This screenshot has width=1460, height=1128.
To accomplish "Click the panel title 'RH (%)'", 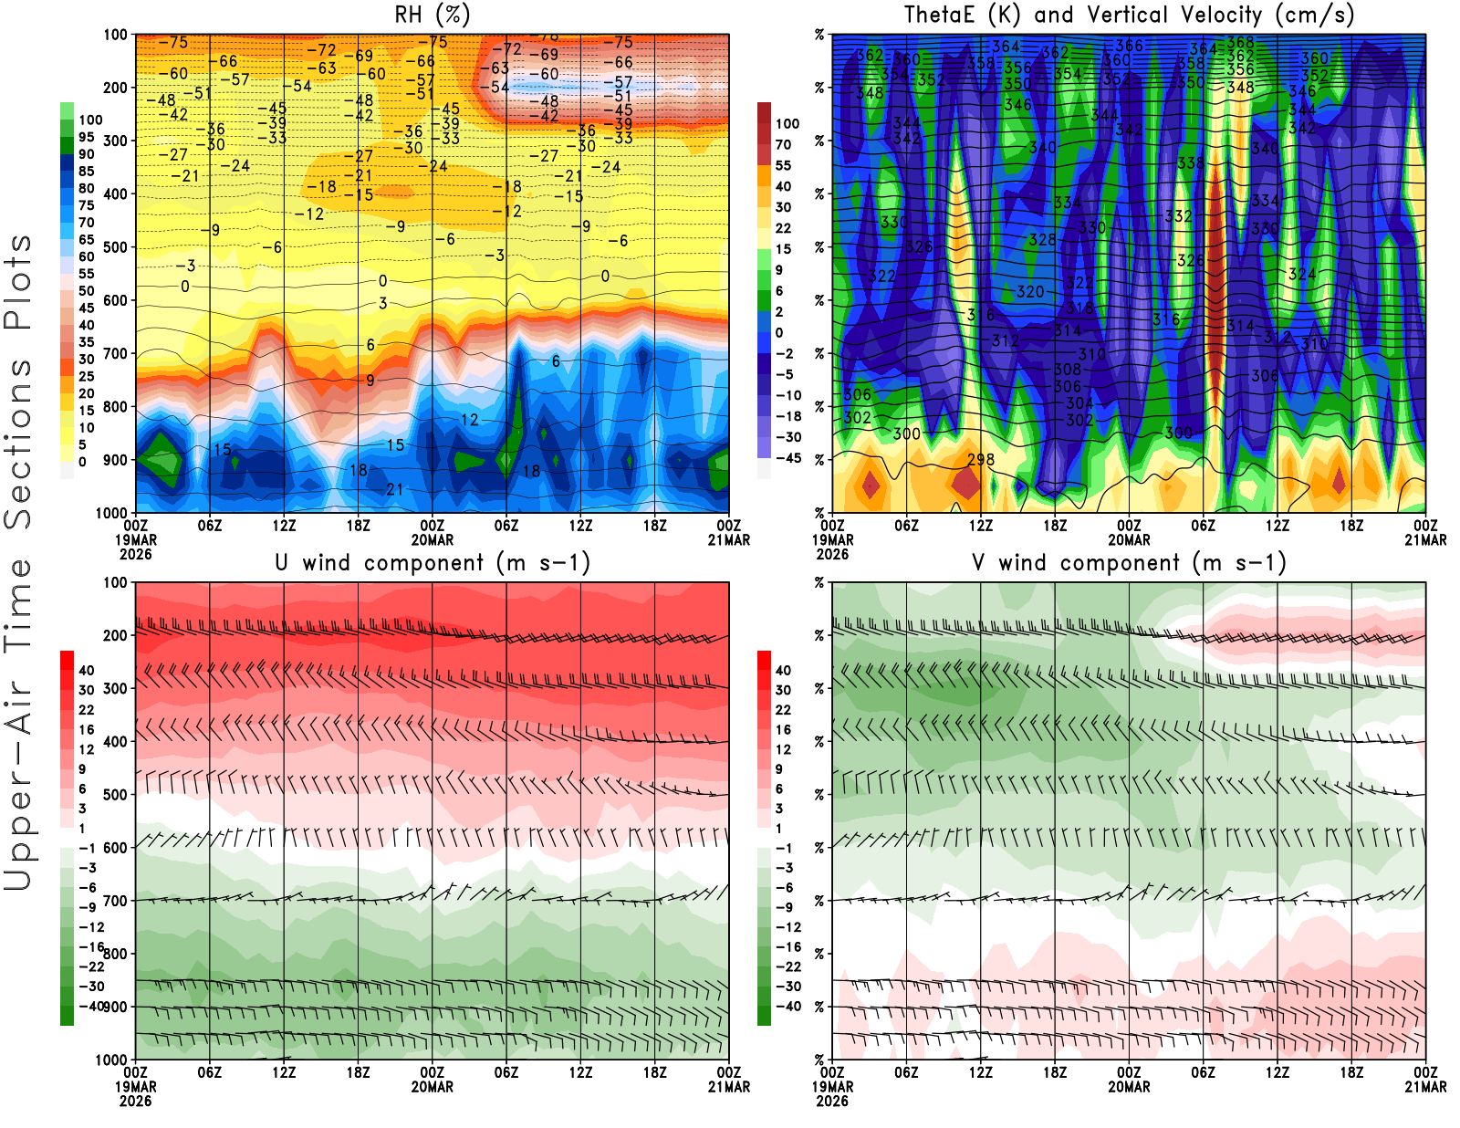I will [432, 15].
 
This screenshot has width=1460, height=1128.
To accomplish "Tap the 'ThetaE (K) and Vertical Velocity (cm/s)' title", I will [1129, 15].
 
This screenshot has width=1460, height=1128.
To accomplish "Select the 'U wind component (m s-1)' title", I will [433, 562].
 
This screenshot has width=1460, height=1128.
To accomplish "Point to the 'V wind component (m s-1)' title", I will [1129, 562].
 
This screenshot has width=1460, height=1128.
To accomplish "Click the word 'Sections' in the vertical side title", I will [18, 444].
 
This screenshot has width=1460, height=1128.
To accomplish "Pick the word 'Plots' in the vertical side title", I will [18, 282].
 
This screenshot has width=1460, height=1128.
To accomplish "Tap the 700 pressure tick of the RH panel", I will [115, 353].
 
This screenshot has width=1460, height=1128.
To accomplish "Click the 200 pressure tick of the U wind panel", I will [115, 635].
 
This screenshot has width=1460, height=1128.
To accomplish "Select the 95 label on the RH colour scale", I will [86, 137].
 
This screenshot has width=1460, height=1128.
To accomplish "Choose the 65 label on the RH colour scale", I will [86, 240].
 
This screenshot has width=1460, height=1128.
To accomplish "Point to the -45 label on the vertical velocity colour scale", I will [787, 458].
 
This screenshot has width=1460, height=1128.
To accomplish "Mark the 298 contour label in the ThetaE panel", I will [980, 459].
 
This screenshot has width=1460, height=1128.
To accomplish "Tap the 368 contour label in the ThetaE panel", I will [1240, 43].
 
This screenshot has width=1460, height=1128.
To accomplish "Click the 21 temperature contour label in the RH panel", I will [394, 489].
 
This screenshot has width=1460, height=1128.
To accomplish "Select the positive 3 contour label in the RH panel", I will [382, 303].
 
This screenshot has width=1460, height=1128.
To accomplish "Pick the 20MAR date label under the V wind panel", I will [1129, 1087].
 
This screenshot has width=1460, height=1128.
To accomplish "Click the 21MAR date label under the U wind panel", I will [729, 1087].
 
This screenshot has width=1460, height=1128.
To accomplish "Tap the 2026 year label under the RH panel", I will [135, 554].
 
